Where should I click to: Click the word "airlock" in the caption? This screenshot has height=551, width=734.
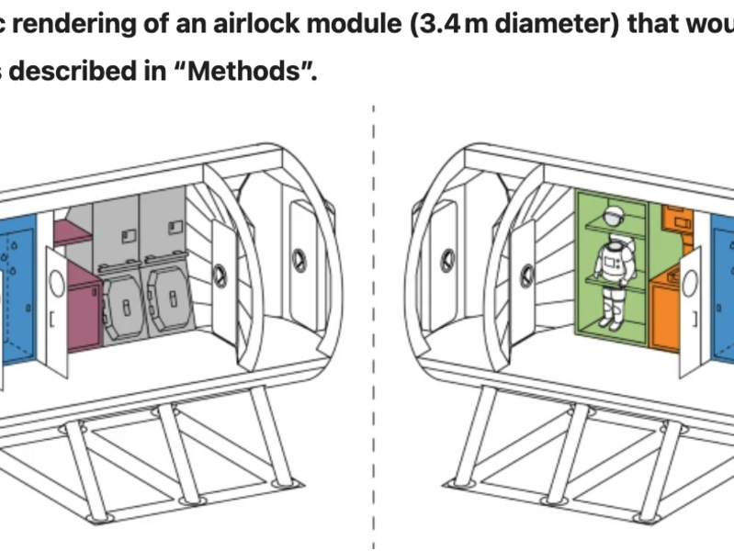(x=256, y=23)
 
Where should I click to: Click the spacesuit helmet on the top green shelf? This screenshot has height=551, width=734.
(x=614, y=217)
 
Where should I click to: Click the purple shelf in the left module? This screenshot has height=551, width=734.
(x=73, y=232)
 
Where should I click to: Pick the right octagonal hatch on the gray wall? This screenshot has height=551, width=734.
(x=170, y=298)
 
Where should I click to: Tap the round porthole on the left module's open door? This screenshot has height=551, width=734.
(x=57, y=283)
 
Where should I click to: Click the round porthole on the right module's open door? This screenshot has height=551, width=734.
(x=690, y=282)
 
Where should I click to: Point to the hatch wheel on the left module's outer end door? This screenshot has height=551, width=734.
(x=299, y=261)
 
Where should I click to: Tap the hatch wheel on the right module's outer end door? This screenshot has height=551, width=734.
(x=448, y=261)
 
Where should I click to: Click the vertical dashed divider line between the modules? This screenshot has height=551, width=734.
(x=374, y=328)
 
